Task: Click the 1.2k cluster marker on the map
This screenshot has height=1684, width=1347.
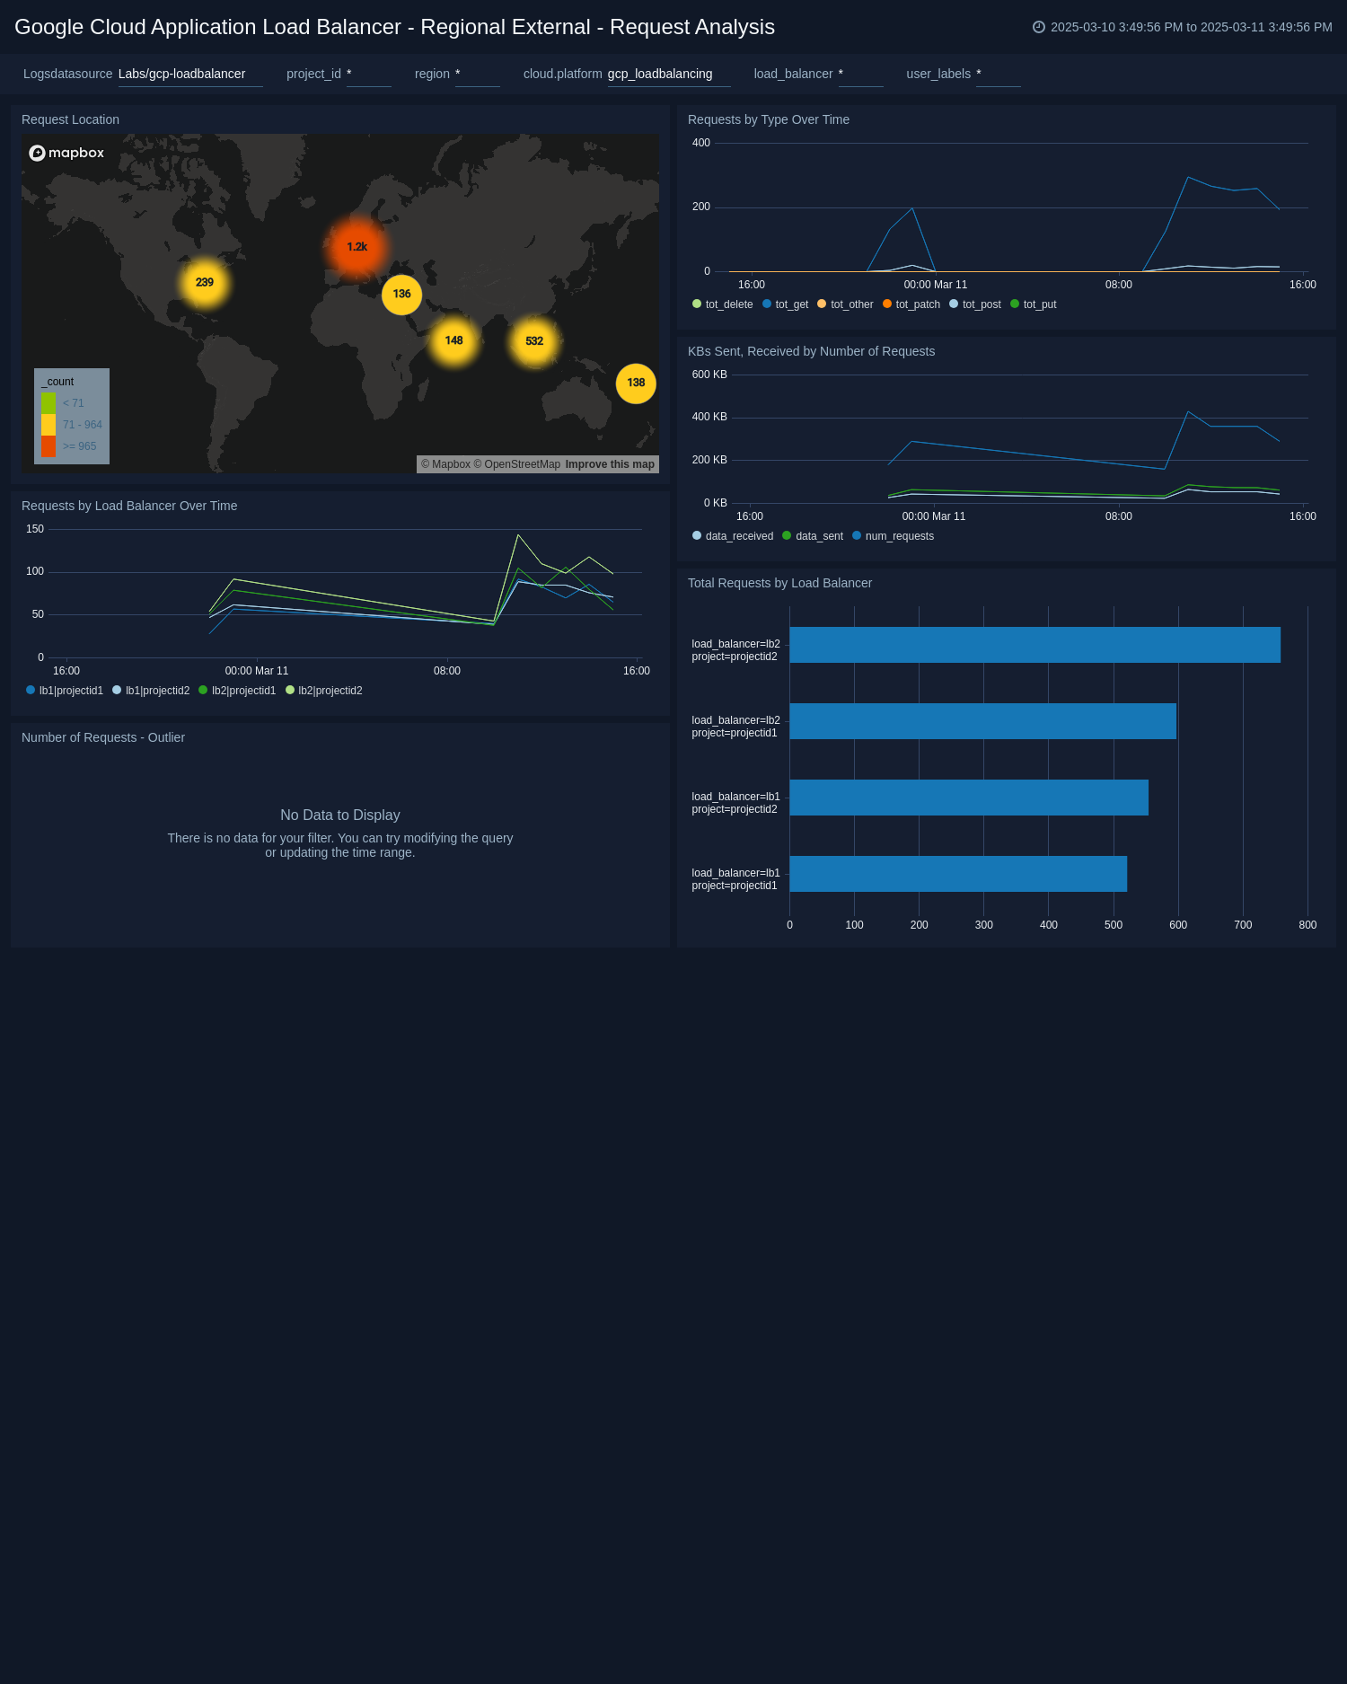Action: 357,247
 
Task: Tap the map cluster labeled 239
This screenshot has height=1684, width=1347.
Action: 205,283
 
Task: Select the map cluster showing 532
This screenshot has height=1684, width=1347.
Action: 534,341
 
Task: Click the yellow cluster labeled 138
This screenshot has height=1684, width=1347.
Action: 636,384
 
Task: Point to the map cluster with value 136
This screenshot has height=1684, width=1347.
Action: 401,295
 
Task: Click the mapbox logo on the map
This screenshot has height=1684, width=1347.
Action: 66,153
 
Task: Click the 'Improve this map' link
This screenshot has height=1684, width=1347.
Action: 610,464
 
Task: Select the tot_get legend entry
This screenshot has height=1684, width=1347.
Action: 791,304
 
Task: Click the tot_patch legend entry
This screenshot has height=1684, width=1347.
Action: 917,304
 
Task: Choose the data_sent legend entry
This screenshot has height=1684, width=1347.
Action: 818,536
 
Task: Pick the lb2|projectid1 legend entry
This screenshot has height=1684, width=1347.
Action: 242,691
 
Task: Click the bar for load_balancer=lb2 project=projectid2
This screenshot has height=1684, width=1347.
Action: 1034,645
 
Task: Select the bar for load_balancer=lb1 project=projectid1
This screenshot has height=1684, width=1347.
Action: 957,874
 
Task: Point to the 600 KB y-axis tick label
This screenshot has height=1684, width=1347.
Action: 709,375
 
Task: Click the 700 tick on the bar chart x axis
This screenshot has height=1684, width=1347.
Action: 1243,925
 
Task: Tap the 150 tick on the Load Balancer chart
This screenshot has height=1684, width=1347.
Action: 35,529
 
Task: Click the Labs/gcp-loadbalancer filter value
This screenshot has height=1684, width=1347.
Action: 181,74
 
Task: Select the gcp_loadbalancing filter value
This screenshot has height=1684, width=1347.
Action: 660,74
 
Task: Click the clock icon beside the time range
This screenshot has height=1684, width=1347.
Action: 1039,27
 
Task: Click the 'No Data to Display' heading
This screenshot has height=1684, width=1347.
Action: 340,816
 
